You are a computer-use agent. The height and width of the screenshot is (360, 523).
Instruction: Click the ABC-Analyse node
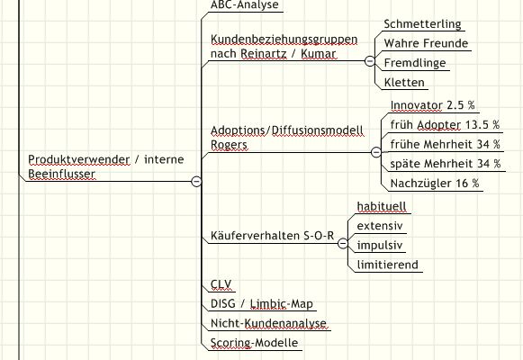[x=245, y=4]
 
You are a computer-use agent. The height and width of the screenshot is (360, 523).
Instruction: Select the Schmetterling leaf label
[x=422, y=24]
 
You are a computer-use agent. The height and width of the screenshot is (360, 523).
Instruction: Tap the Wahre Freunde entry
[x=426, y=43]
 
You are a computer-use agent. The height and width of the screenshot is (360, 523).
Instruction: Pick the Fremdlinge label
[x=415, y=63]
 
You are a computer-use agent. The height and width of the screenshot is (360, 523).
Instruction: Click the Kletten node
[x=404, y=82]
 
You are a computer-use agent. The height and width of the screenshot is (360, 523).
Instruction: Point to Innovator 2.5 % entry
[x=433, y=105]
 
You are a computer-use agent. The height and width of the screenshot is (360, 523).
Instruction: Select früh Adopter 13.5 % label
[x=445, y=125]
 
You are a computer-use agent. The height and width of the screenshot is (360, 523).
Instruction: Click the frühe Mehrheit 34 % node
[x=446, y=144]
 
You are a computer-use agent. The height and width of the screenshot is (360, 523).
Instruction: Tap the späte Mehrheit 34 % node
[x=446, y=164]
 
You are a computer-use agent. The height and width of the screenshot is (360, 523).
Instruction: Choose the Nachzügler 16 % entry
[x=435, y=184]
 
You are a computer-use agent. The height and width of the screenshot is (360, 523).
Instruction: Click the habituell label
[x=382, y=206]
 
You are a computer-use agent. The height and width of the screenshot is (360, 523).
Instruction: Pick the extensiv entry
[x=380, y=226]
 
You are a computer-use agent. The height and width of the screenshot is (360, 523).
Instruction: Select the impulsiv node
[x=380, y=246]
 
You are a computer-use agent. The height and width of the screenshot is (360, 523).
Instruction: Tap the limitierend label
[x=388, y=265]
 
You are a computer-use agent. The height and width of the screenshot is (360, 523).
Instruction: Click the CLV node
[x=221, y=284]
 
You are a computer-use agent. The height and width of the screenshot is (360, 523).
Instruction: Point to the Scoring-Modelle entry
[x=254, y=343]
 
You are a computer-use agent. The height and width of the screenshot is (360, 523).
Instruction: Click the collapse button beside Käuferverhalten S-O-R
[x=343, y=244]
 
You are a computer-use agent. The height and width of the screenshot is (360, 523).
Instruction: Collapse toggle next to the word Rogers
[x=376, y=152]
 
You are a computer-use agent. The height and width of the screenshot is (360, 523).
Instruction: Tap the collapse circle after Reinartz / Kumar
[x=370, y=61]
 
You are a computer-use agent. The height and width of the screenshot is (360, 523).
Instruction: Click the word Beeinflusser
[x=62, y=174]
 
